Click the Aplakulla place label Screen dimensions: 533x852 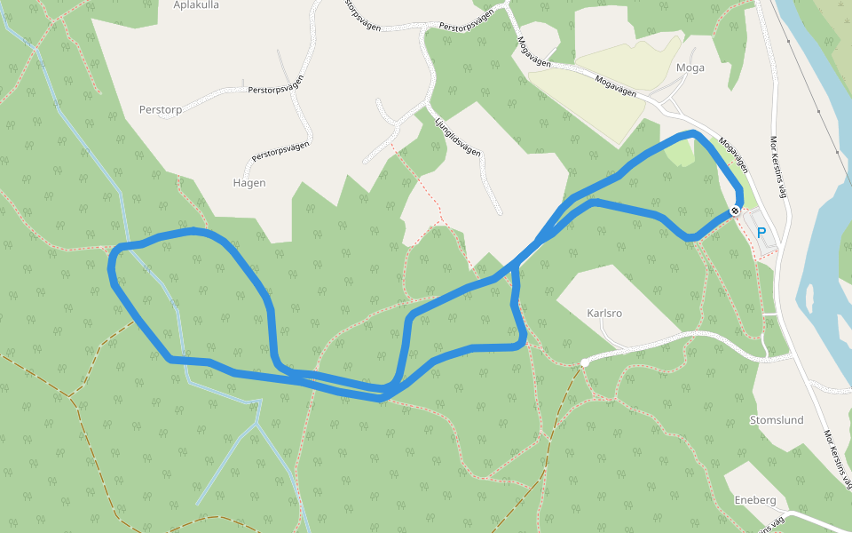(196, 4)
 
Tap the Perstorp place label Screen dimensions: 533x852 (161, 110)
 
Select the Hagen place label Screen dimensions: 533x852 (249, 183)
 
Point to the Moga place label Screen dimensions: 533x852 (690, 68)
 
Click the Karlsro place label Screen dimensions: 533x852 (605, 314)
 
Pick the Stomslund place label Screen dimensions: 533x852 (777, 419)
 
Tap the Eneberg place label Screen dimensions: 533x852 (755, 500)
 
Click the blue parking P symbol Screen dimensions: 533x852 (761, 233)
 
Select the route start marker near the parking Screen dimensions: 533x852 (735, 211)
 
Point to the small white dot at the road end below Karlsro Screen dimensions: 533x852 (584, 362)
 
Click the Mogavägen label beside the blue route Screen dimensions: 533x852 (734, 155)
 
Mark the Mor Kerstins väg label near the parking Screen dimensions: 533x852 (780, 168)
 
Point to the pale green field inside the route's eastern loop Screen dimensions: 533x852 (679, 153)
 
